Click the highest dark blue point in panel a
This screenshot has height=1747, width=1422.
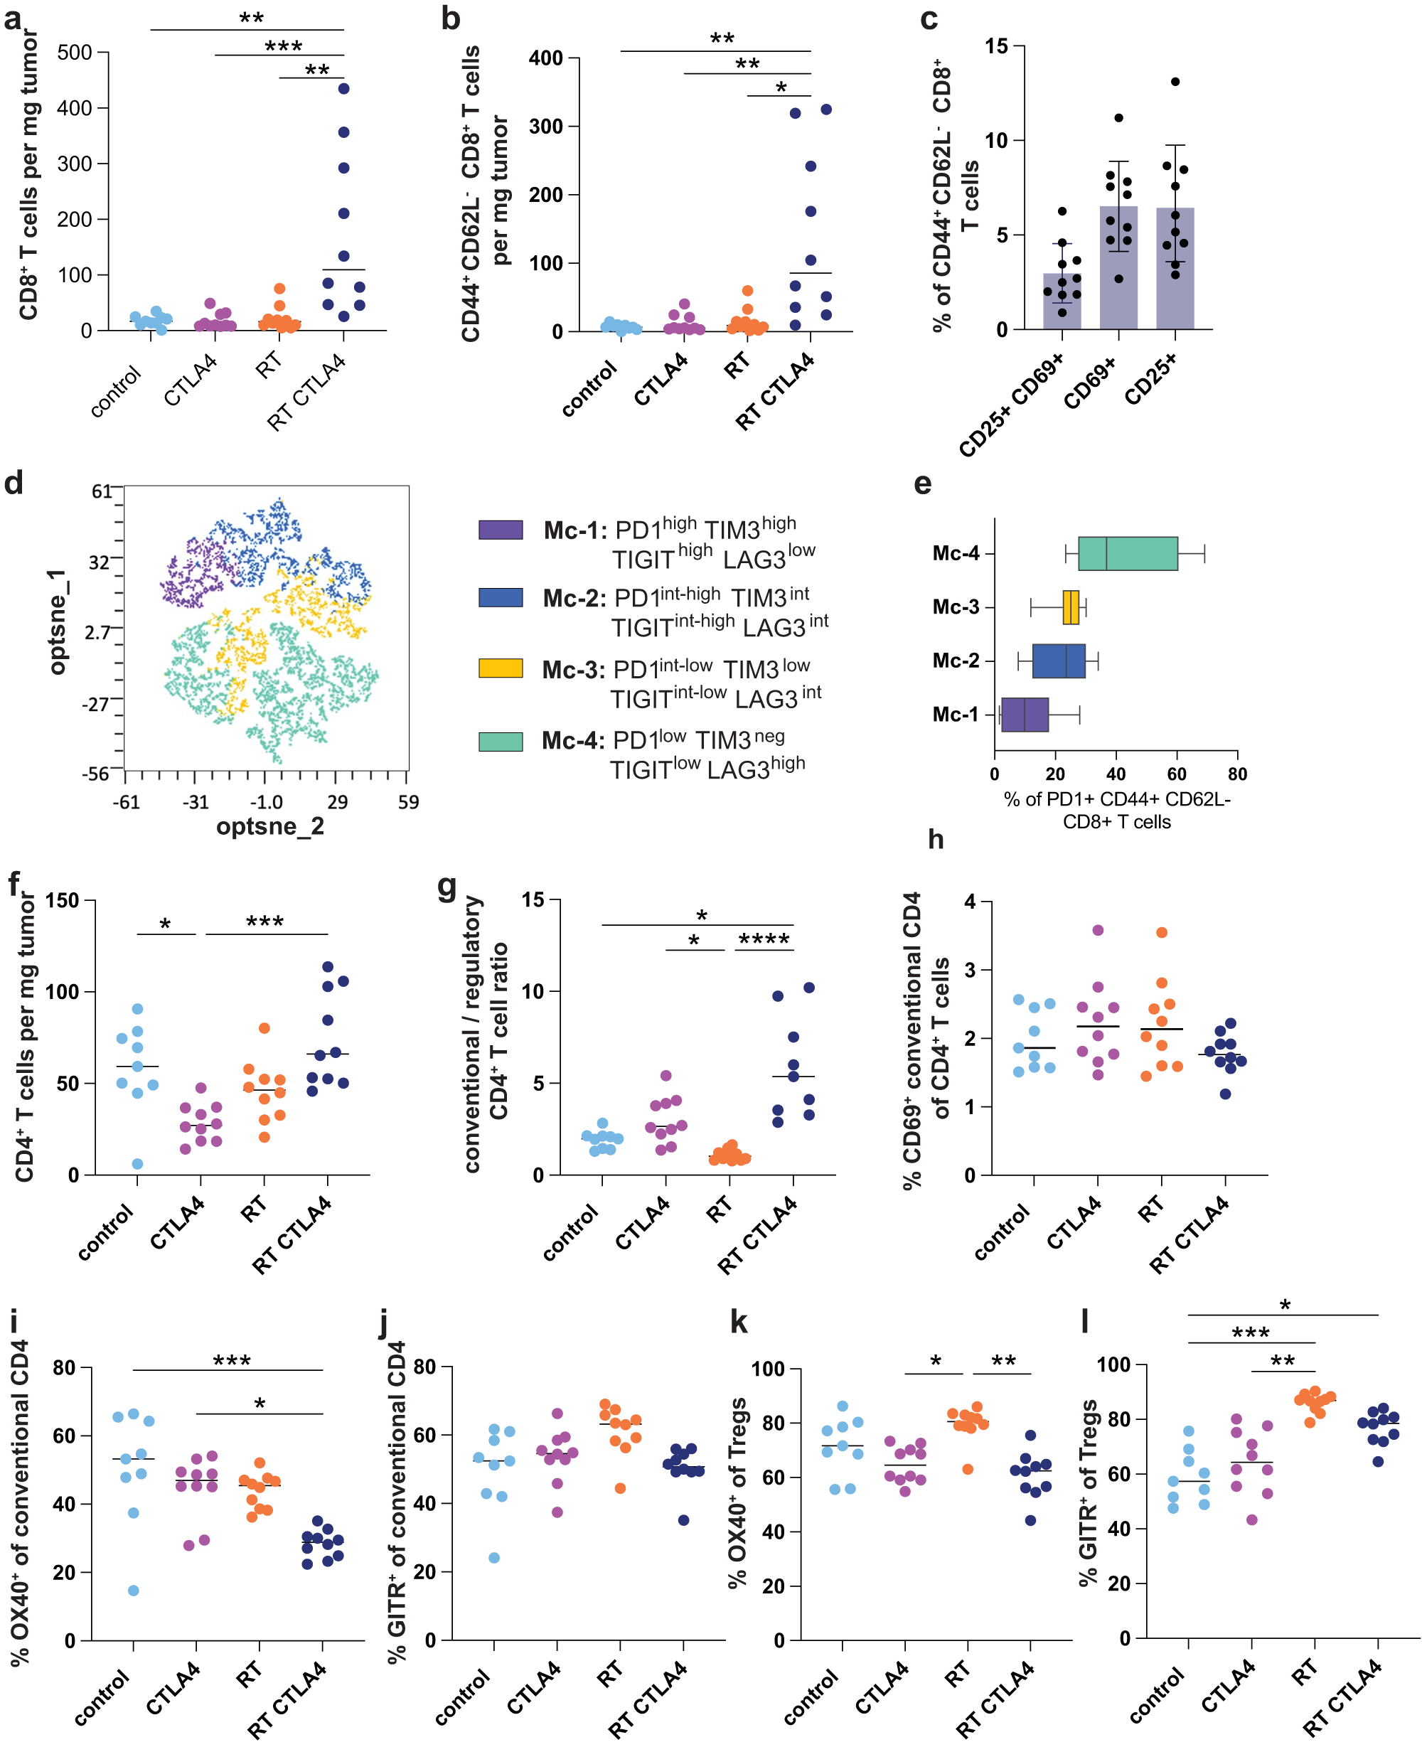click(x=343, y=88)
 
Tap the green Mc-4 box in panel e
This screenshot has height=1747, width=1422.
click(x=1127, y=554)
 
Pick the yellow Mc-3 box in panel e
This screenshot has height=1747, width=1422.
click(x=1070, y=607)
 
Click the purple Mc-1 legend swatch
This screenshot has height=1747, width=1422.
click(x=501, y=529)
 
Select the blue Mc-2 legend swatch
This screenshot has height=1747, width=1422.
click(x=501, y=597)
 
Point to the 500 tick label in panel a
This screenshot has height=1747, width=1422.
click(x=75, y=53)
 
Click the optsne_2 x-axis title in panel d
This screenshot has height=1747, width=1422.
click(x=269, y=826)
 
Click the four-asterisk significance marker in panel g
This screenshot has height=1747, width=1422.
click(x=764, y=939)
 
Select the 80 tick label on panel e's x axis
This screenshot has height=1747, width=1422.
click(x=1237, y=774)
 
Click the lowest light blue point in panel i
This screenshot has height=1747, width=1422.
click(x=134, y=1591)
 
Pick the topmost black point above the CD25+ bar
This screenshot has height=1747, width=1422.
click(x=1175, y=82)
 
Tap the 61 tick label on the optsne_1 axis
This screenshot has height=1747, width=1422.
click(x=102, y=491)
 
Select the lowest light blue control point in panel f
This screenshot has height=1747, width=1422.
click(x=138, y=1164)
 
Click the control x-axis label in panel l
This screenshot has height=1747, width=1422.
click(x=1157, y=1694)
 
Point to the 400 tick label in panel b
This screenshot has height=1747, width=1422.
click(x=545, y=58)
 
